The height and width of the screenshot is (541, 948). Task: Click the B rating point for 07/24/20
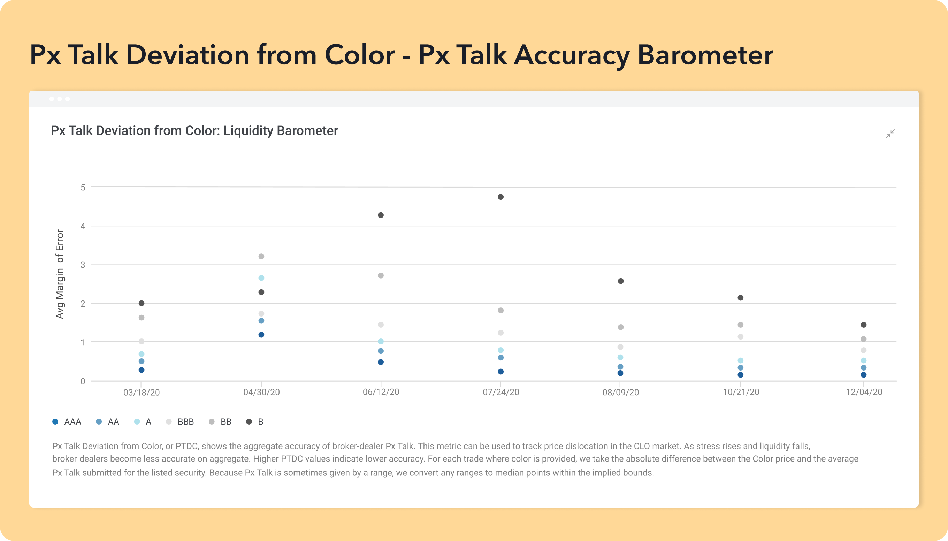501,197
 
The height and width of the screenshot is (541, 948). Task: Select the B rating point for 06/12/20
381,215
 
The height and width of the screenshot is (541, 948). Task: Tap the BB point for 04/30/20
261,256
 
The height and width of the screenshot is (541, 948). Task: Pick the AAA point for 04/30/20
261,335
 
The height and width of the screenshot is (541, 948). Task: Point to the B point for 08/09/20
621,281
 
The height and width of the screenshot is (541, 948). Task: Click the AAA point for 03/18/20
142,370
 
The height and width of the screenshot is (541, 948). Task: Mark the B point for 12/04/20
864,325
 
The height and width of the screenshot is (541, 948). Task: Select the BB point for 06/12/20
381,275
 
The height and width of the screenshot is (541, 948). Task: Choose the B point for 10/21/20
740,298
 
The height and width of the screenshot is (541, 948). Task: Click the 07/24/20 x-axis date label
501,392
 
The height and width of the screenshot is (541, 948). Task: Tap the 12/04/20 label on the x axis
864,392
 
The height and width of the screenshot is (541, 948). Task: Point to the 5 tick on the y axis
83,187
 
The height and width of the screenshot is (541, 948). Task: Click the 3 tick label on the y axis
83,265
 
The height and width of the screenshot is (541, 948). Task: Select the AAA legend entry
67,422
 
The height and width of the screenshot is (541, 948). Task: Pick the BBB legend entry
180,422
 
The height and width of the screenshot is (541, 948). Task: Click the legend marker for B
249,422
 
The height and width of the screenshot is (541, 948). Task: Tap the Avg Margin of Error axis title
60,274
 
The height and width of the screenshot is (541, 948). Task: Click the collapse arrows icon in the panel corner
890,134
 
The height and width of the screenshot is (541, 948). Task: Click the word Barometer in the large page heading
705,55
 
